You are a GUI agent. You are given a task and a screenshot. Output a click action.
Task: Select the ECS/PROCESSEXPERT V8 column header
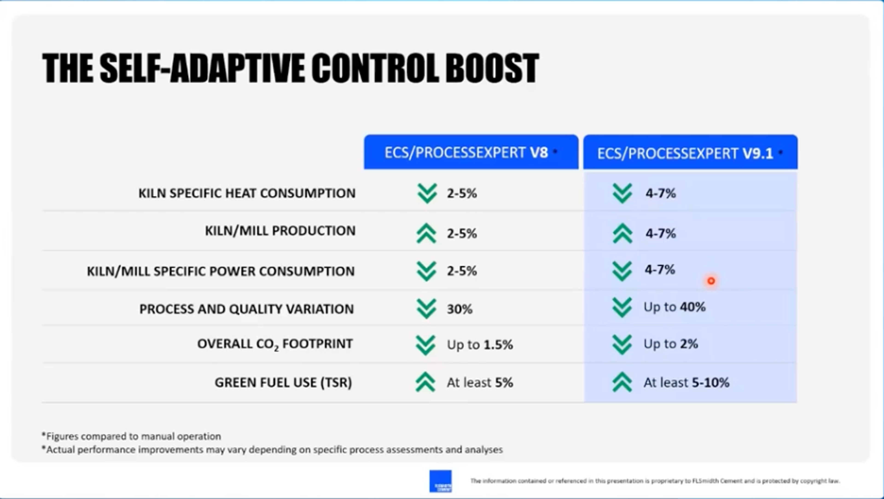coord(471,152)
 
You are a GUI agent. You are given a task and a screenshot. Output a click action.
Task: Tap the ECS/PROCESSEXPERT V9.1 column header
coord(690,153)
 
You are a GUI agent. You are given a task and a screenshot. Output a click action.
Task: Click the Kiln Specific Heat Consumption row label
coord(247,193)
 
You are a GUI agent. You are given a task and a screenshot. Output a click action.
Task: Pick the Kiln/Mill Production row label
coord(280,231)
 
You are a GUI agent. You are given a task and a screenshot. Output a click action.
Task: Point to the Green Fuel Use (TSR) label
coord(283,382)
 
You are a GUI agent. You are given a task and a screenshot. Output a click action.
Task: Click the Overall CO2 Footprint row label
coord(275,344)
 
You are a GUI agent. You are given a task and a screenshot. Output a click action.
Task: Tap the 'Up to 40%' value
coord(674,307)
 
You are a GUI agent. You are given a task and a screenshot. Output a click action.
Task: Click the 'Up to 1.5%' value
coord(479,345)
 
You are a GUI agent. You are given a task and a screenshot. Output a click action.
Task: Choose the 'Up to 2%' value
coord(670,344)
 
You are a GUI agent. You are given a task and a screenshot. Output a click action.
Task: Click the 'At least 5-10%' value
coord(686,382)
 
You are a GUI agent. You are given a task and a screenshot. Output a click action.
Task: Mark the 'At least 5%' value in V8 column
coord(479,382)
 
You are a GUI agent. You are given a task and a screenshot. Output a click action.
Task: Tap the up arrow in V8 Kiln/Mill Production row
coord(426,233)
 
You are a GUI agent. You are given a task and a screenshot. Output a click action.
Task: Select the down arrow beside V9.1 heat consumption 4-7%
coord(622,193)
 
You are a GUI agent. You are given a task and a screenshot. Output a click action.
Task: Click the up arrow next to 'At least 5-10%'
coord(622,382)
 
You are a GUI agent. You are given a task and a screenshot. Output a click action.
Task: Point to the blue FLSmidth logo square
coord(440,481)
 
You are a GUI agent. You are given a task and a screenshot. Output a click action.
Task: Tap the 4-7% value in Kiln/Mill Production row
coord(660,234)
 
